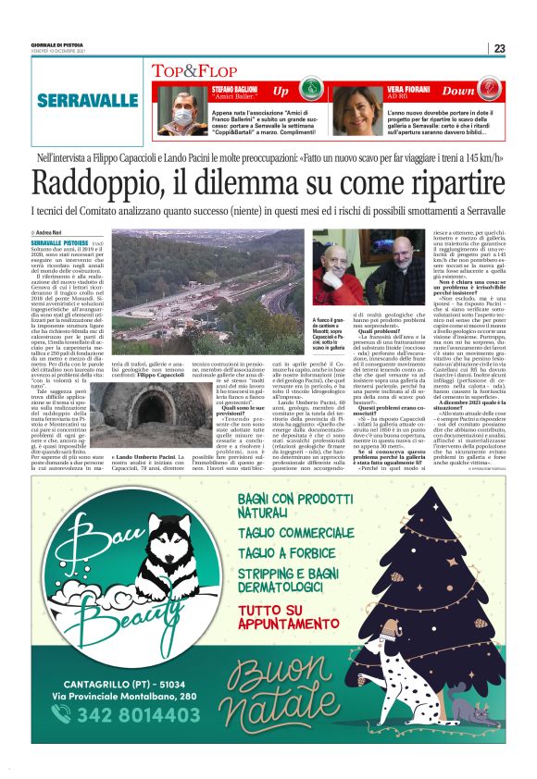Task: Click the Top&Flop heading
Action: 188,70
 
